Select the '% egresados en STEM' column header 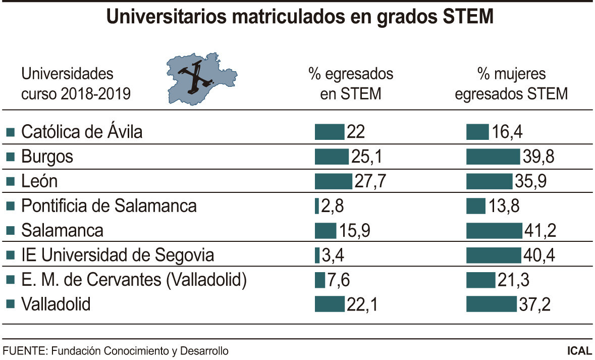[x=351, y=84]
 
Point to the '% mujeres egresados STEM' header [x=511, y=84]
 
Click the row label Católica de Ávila [x=81, y=132]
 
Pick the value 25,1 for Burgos [x=366, y=157]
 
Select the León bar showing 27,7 [x=333, y=181]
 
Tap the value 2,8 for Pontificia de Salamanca [x=333, y=206]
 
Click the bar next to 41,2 [x=494, y=231]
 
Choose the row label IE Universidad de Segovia [x=117, y=255]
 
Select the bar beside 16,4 [x=477, y=132]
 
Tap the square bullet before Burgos [x=10, y=158]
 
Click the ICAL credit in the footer [x=579, y=350]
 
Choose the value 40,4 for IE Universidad [x=538, y=255]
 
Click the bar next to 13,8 [x=476, y=206]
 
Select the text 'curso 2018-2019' [x=75, y=94]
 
